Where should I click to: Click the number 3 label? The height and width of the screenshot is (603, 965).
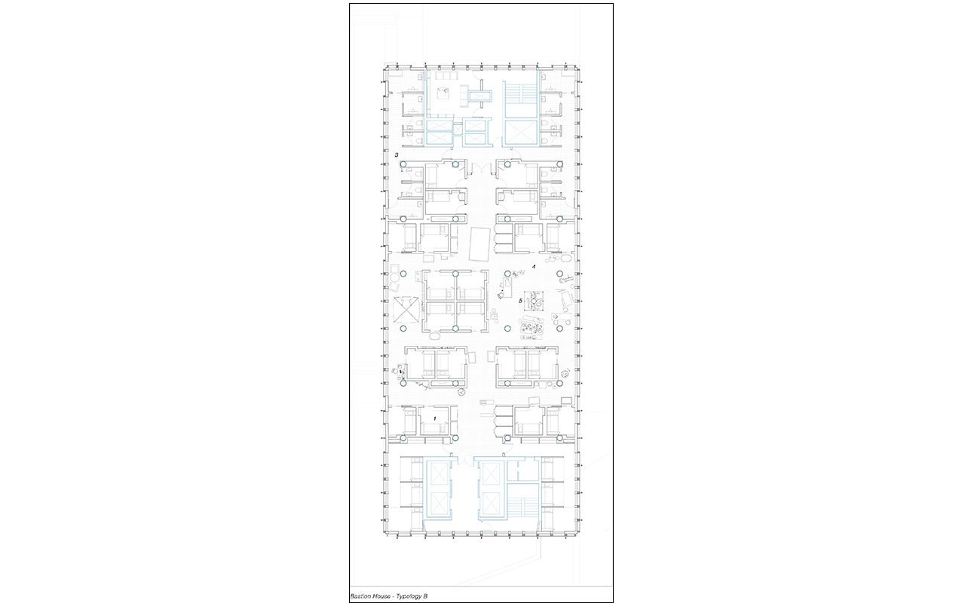coord(397,155)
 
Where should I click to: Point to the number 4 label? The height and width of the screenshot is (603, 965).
coord(534,267)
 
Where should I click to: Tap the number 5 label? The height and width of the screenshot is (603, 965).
coord(520,301)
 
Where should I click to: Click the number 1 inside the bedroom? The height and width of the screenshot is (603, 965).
coord(435,418)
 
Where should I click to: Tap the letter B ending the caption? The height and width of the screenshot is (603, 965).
coord(425,596)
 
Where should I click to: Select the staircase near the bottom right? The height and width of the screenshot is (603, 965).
coord(523,514)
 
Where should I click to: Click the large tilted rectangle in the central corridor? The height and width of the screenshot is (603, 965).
coord(480,244)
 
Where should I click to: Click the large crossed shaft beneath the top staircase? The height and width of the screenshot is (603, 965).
coord(520,132)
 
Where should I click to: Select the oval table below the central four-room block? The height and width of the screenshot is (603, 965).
coord(433,335)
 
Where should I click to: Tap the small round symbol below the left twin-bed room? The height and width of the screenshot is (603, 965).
coord(461,392)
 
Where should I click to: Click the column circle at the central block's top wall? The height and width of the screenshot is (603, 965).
coord(455,274)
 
